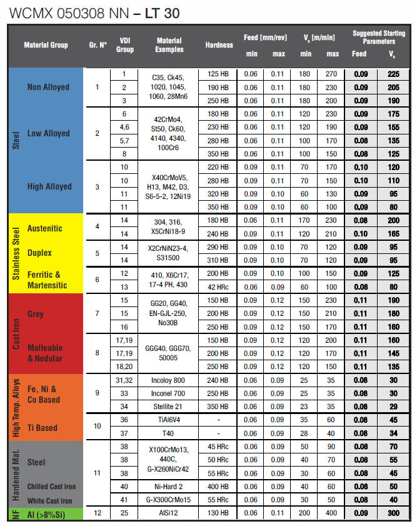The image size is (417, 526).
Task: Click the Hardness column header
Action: point(219,45)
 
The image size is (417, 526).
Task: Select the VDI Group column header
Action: point(125,45)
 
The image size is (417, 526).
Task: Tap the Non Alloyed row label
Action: point(48,87)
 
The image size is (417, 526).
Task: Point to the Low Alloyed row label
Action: point(48,133)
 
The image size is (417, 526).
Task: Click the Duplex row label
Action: point(39,253)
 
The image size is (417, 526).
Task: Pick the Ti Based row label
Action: point(43,428)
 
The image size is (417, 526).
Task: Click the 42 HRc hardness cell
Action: point(219,286)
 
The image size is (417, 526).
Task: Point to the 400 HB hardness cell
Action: point(219,486)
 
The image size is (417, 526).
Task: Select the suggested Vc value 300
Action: point(393,513)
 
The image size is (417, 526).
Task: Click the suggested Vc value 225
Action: point(393,74)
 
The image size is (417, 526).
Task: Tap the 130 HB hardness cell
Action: point(219,513)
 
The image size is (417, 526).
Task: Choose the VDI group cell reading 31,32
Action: point(125,380)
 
